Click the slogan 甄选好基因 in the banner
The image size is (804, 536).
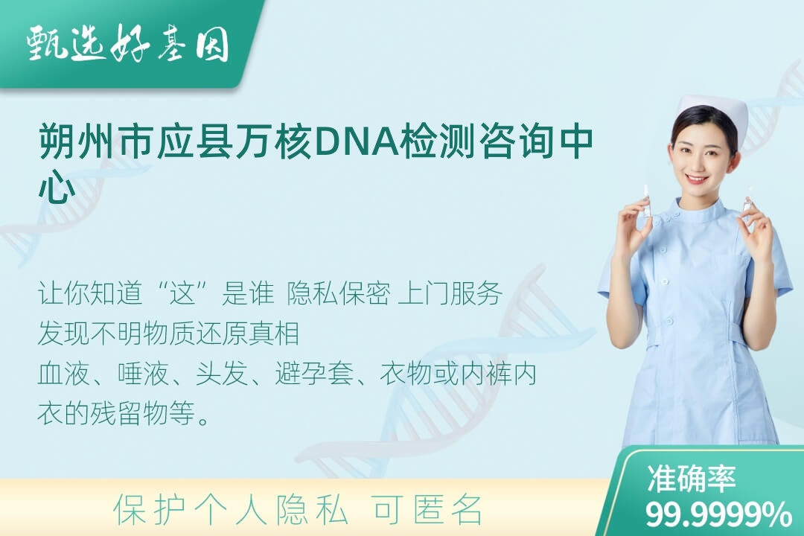click(128, 44)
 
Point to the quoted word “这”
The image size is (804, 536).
click(183, 293)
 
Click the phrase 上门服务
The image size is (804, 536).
click(450, 293)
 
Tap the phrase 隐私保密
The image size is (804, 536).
click(339, 293)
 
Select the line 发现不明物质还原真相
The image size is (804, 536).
click(169, 334)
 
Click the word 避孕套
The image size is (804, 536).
click(314, 374)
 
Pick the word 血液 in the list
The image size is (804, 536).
click(63, 374)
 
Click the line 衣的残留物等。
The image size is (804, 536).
click(124, 413)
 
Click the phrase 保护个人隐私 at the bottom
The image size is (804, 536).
click(231, 510)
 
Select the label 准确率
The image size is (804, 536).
click(691, 479)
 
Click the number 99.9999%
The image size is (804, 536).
click(718, 514)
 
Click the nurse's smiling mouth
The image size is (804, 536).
click(697, 179)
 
